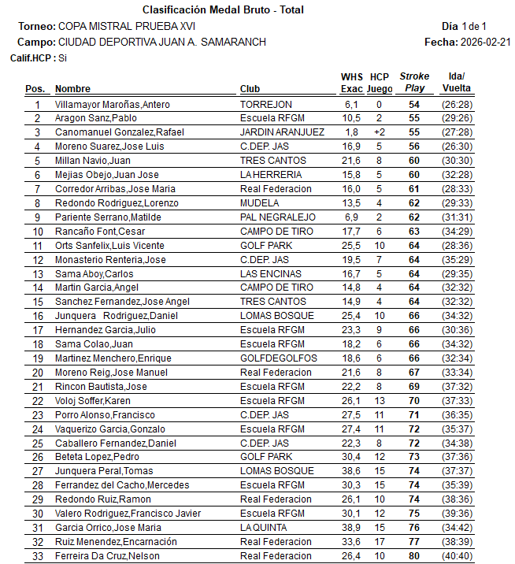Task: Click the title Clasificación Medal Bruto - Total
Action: point(223,10)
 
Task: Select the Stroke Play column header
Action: point(414,82)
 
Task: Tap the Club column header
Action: point(250,89)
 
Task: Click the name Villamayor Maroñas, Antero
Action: point(113,104)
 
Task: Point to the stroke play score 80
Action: point(414,556)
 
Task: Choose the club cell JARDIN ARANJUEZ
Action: point(282,132)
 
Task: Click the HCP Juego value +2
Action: point(380,132)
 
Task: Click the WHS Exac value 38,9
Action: point(351,528)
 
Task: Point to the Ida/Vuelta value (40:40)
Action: point(457,556)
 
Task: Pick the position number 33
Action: point(36,556)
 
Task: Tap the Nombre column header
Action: point(72,89)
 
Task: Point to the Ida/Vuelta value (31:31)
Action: point(457,217)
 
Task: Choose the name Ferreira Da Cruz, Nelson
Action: point(106,556)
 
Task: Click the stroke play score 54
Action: point(414,104)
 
